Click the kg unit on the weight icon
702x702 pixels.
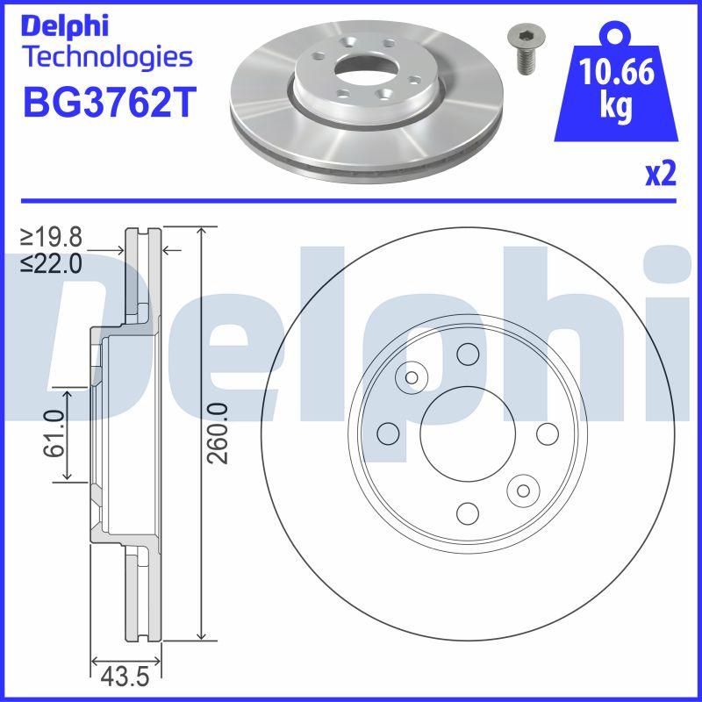[616, 106]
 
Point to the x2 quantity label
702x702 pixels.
[661, 175]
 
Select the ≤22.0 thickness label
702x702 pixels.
[52, 261]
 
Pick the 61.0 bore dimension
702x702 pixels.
[54, 433]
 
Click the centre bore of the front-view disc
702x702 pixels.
[467, 433]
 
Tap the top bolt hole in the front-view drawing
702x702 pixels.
[467, 354]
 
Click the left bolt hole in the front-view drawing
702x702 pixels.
[387, 433]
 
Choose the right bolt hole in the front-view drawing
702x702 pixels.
[547, 433]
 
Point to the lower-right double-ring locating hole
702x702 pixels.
[524, 490]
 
